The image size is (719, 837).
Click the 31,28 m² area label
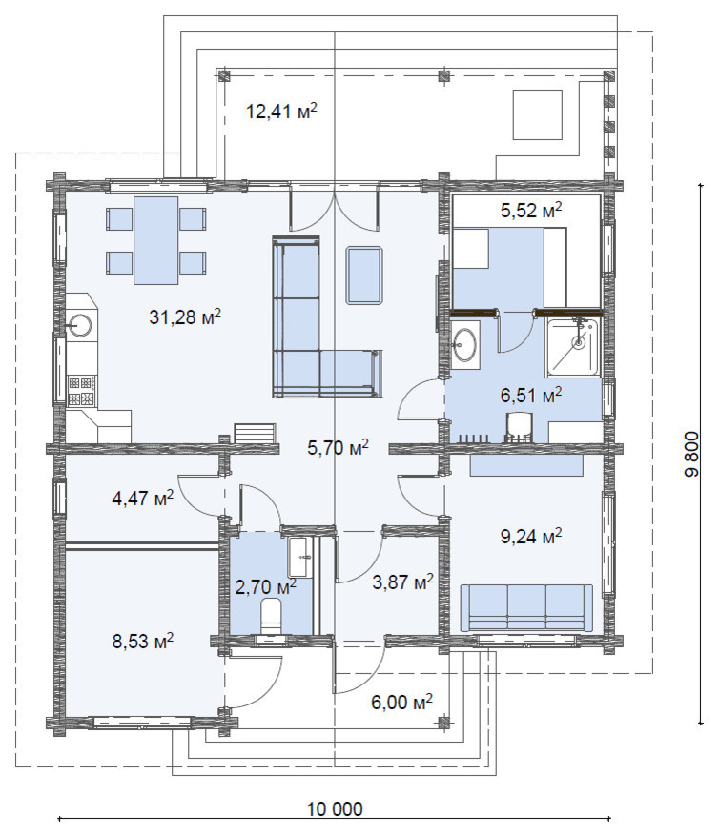(x=185, y=317)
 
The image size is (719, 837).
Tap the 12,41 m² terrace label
(x=282, y=112)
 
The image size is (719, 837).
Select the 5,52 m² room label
(x=531, y=210)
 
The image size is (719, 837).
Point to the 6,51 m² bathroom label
(x=531, y=396)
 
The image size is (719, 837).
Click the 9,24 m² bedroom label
(x=531, y=536)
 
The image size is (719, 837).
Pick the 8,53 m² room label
(x=143, y=641)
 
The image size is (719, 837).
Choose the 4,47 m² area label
(x=143, y=499)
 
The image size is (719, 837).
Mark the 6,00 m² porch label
(x=402, y=702)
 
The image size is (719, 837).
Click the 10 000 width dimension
(x=335, y=808)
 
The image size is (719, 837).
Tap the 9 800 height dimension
(x=691, y=454)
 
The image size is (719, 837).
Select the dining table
(x=155, y=241)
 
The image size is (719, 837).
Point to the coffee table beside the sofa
(x=364, y=276)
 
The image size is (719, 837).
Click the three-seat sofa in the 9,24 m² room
(x=526, y=607)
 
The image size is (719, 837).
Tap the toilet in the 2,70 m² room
(x=272, y=615)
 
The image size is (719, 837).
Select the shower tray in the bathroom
(x=572, y=346)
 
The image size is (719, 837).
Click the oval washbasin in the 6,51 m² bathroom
(x=465, y=343)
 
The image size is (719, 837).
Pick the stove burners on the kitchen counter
(x=82, y=390)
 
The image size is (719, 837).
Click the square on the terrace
(x=538, y=114)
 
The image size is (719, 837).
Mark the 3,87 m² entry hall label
(x=402, y=582)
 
